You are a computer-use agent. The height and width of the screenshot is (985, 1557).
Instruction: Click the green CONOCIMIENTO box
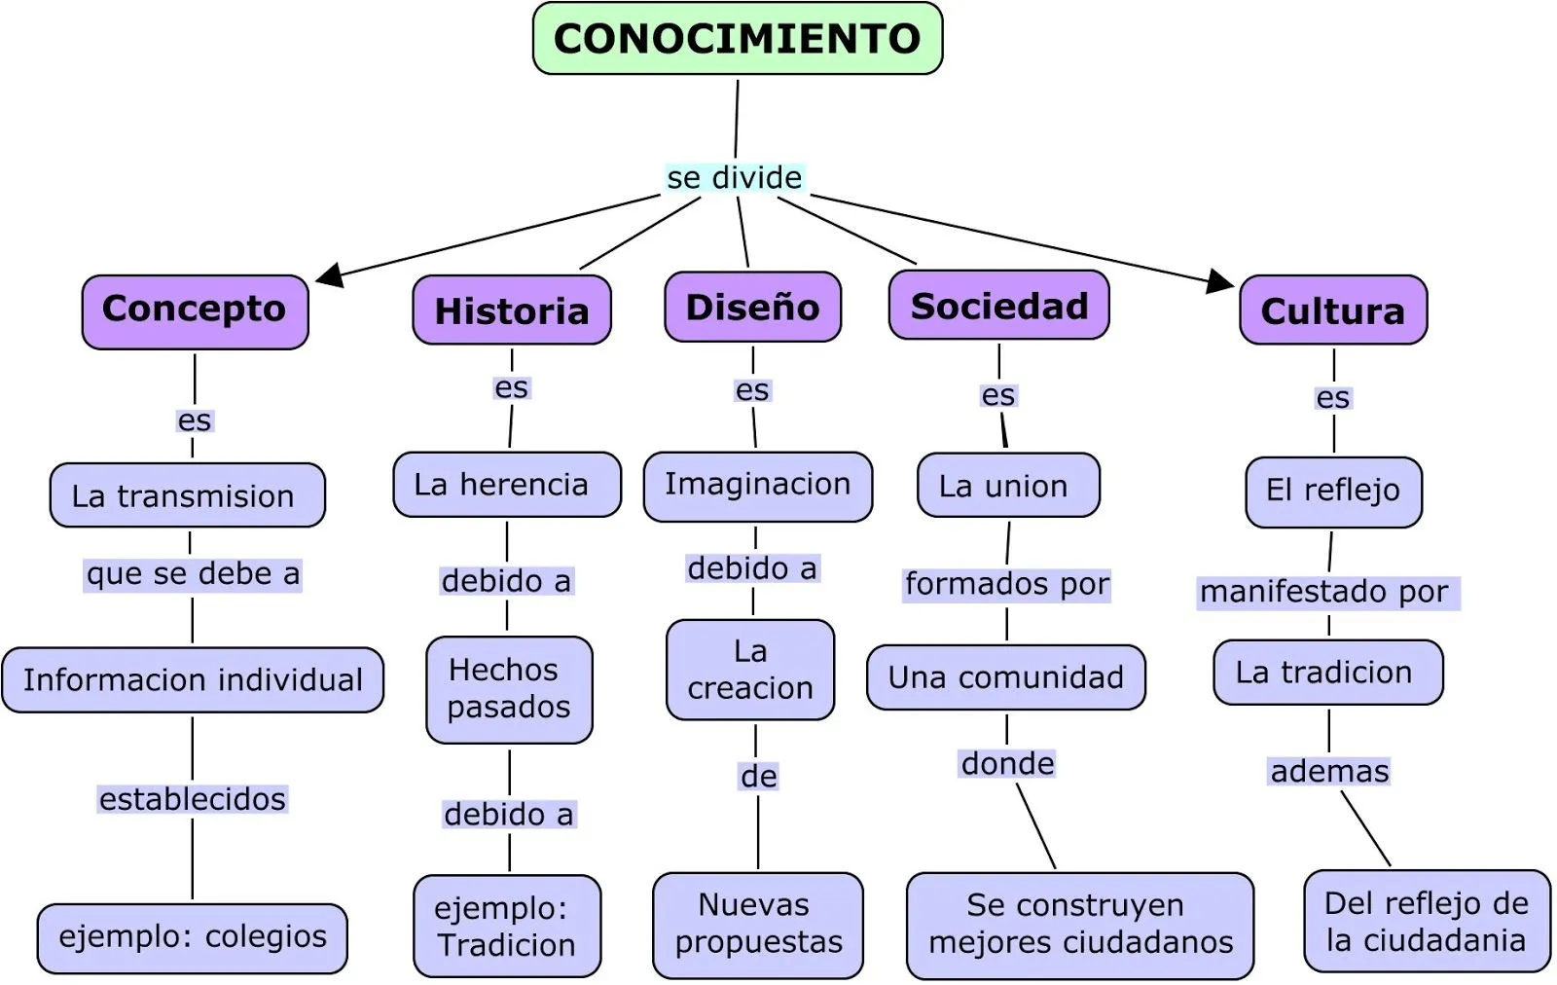738,39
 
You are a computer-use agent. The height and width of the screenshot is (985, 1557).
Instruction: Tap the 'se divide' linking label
735,178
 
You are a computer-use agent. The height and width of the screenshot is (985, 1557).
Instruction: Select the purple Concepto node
195,310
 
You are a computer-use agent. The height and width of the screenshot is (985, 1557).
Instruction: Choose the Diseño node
752,308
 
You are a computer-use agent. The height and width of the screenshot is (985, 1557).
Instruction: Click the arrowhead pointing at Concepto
331,275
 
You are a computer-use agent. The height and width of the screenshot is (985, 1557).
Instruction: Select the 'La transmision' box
187,495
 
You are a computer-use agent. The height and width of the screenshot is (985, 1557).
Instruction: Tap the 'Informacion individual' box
193,679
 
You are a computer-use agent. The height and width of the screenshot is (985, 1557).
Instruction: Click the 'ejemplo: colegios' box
193,937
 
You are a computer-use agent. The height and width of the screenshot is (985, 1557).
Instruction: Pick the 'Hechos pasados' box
509,689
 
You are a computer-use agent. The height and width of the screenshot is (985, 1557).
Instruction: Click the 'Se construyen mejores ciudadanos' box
1080,925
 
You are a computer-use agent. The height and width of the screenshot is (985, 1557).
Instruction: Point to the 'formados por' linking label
1007,584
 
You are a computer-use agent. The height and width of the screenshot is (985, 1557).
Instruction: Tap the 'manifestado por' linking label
1324,592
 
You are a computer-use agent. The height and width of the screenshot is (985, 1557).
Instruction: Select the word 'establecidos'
193,799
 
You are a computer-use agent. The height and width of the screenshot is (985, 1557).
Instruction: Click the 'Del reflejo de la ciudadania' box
1427,922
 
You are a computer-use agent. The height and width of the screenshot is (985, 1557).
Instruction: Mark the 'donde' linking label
1008,764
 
